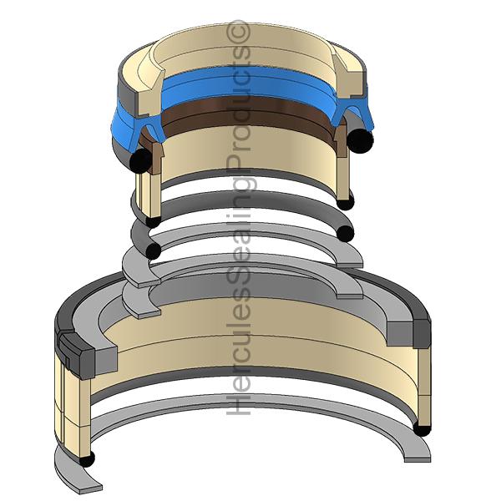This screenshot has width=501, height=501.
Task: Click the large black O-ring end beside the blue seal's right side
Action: tap(360, 140)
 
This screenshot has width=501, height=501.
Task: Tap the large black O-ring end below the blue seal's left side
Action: tap(141, 161)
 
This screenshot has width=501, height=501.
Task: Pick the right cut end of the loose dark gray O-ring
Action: tap(346, 234)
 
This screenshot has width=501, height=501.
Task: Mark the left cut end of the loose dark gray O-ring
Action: tap(153, 250)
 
